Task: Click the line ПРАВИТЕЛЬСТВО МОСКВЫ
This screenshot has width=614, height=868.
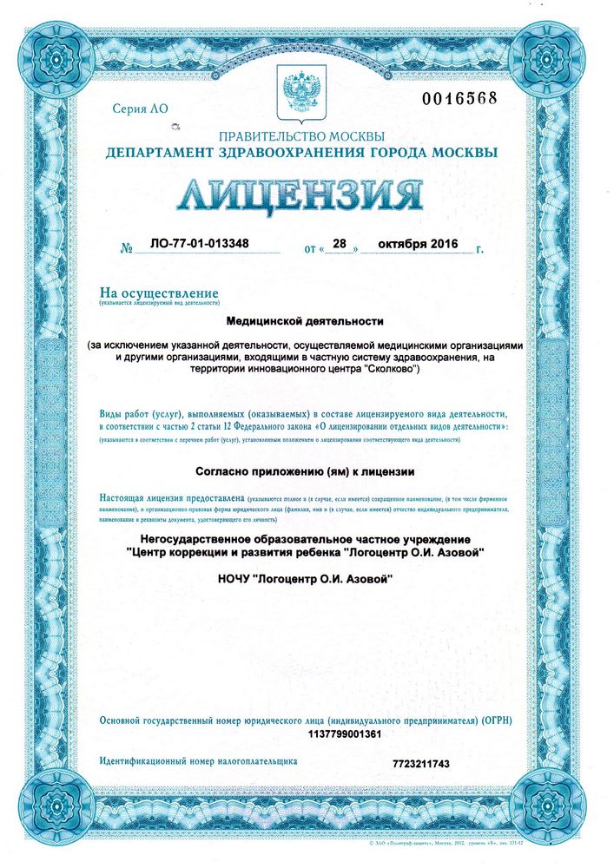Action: [300, 136]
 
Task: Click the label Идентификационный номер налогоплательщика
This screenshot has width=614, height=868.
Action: [198, 760]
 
